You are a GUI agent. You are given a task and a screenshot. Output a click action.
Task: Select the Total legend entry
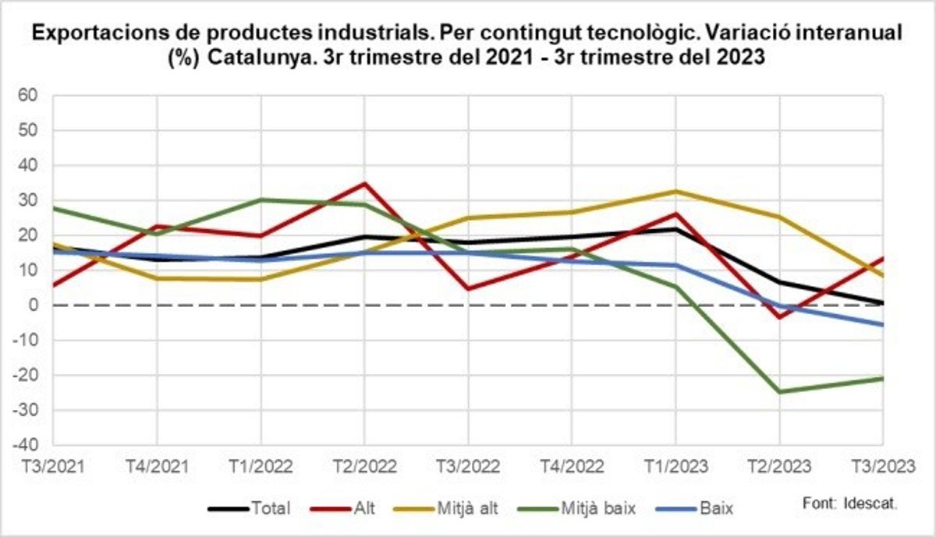(x=250, y=509)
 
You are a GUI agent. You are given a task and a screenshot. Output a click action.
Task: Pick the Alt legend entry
(x=344, y=509)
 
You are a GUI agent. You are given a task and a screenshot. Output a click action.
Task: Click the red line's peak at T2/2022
(x=364, y=184)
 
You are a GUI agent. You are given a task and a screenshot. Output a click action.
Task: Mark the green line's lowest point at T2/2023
(x=779, y=391)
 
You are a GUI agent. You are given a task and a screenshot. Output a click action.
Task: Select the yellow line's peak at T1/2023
(x=675, y=191)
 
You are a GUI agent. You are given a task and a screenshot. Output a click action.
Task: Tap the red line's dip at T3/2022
(x=468, y=289)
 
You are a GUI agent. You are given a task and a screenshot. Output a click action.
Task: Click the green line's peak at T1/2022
(x=261, y=200)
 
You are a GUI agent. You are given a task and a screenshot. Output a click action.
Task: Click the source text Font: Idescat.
(x=849, y=504)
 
